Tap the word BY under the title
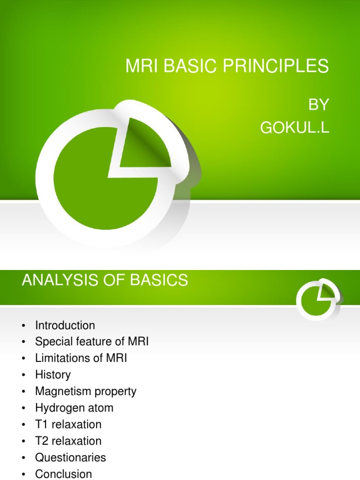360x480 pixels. pos(319,105)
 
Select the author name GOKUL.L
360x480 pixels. pos(295,127)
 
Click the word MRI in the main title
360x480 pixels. pos(140,67)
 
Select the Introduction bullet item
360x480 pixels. pos(65,325)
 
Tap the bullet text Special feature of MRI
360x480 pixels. pos(91,342)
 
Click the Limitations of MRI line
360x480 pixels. pos(81,358)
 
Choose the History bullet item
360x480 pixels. pos(52,375)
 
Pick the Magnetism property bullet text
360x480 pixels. pos(85,391)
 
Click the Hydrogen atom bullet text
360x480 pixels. pos(74,408)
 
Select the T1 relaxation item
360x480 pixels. pos(68,424)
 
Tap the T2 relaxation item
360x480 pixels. pos(68,441)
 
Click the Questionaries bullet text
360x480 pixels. pos(70,457)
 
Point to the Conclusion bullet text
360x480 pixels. pos(63,474)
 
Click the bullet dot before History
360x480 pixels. pos(23,375)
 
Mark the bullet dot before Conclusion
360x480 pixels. pos(23,474)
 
